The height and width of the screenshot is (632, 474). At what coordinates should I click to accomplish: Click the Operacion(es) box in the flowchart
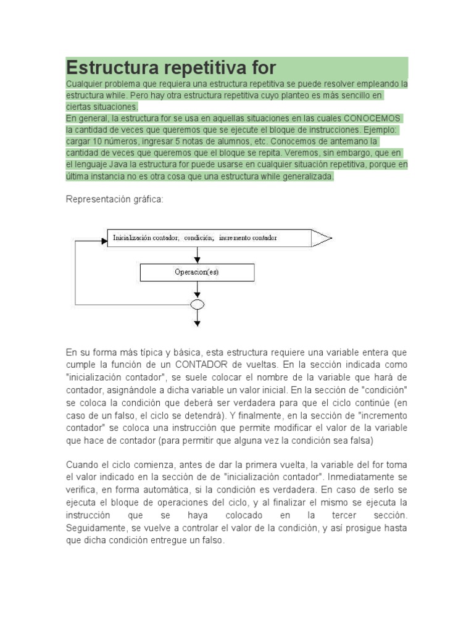[197, 272]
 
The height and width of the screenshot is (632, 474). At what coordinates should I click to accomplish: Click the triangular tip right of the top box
[322, 238]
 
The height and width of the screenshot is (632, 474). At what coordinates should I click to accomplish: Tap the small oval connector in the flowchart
[197, 304]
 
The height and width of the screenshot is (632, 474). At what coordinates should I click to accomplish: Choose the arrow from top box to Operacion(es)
[197, 255]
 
